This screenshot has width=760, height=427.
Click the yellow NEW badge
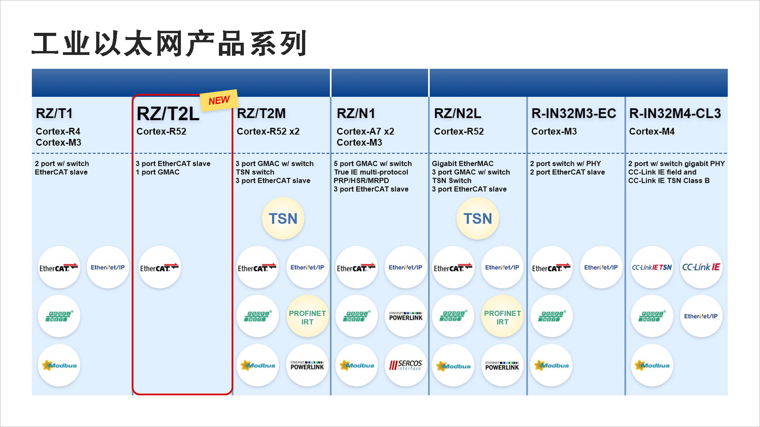[219, 100]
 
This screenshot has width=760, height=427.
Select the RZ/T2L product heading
[168, 114]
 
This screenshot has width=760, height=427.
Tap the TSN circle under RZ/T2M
[283, 219]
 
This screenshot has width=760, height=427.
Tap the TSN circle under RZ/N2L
[478, 219]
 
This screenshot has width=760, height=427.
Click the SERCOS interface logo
[406, 365]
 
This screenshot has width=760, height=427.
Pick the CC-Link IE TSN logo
[652, 267]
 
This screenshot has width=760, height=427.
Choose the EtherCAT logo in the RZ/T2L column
[160, 268]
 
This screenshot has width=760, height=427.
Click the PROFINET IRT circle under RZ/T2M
[307, 317]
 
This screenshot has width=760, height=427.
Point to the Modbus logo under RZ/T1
[59, 365]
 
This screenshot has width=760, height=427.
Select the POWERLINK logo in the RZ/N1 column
[406, 316]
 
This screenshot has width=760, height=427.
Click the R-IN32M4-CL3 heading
[675, 113]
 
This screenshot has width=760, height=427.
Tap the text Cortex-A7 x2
[365, 131]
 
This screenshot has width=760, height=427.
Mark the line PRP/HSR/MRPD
[361, 180]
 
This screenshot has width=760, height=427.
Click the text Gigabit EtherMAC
[462, 163]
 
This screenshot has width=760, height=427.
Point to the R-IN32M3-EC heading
[574, 113]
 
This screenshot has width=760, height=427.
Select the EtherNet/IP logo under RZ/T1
[108, 268]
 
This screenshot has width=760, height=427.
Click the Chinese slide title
[169, 43]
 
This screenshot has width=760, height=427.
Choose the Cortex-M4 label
[652, 131]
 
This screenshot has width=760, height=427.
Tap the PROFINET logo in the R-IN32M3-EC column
[551, 316]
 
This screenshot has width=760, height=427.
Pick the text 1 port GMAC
[158, 172]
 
